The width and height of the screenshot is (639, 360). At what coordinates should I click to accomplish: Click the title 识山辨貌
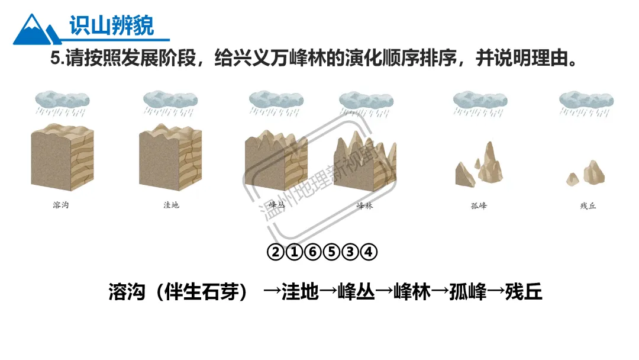111,25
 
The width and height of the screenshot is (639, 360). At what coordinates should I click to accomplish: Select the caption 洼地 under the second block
171,205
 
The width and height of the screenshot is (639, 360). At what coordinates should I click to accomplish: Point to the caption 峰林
365,206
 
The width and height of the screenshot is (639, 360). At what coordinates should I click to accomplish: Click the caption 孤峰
479,206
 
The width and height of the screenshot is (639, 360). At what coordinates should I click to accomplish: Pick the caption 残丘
588,206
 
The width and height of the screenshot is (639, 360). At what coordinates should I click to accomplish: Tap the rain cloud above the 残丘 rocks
586,101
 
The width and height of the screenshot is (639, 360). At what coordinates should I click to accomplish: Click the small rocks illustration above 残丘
586,172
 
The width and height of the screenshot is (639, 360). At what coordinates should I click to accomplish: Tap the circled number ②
276,252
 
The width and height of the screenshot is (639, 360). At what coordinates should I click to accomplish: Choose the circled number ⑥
314,252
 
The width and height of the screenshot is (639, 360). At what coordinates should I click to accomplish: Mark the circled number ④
369,252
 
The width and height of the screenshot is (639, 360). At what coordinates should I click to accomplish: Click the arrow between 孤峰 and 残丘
496,291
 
